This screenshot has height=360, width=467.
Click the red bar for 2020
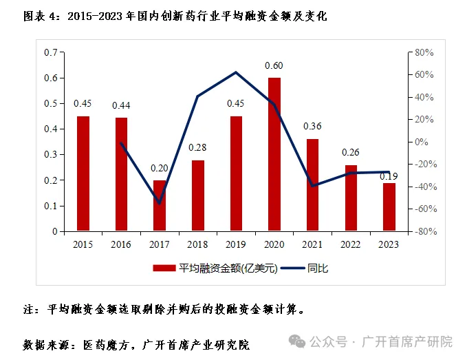click(274, 155)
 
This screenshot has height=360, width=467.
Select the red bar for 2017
click(160, 206)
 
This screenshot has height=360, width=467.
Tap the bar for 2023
click(389, 207)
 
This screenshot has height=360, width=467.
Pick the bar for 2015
click(83, 174)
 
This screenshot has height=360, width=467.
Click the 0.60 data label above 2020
click(274, 66)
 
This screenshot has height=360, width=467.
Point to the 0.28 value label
click(198, 148)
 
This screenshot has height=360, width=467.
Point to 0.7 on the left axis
click(50, 52)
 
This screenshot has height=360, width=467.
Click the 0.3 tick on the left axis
click(50, 155)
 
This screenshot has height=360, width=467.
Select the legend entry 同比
click(318, 268)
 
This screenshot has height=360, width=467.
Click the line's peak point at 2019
click(236, 72)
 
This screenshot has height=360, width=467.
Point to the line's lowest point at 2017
click(160, 204)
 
